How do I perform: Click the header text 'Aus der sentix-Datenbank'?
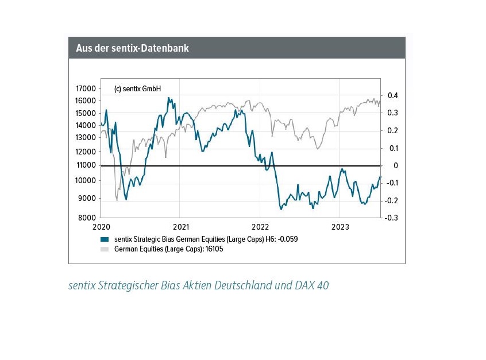click(132, 48)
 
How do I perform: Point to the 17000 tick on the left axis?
click(86, 89)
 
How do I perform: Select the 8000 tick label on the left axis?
click(88, 218)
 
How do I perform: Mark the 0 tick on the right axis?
click(395, 166)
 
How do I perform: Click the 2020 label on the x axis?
click(101, 226)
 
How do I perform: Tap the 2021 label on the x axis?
click(180, 226)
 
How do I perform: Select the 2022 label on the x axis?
click(260, 226)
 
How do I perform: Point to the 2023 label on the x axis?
click(340, 226)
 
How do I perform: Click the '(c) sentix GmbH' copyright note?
click(138, 89)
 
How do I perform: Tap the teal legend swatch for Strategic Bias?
click(104, 239)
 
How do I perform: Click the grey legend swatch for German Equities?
click(104, 249)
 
